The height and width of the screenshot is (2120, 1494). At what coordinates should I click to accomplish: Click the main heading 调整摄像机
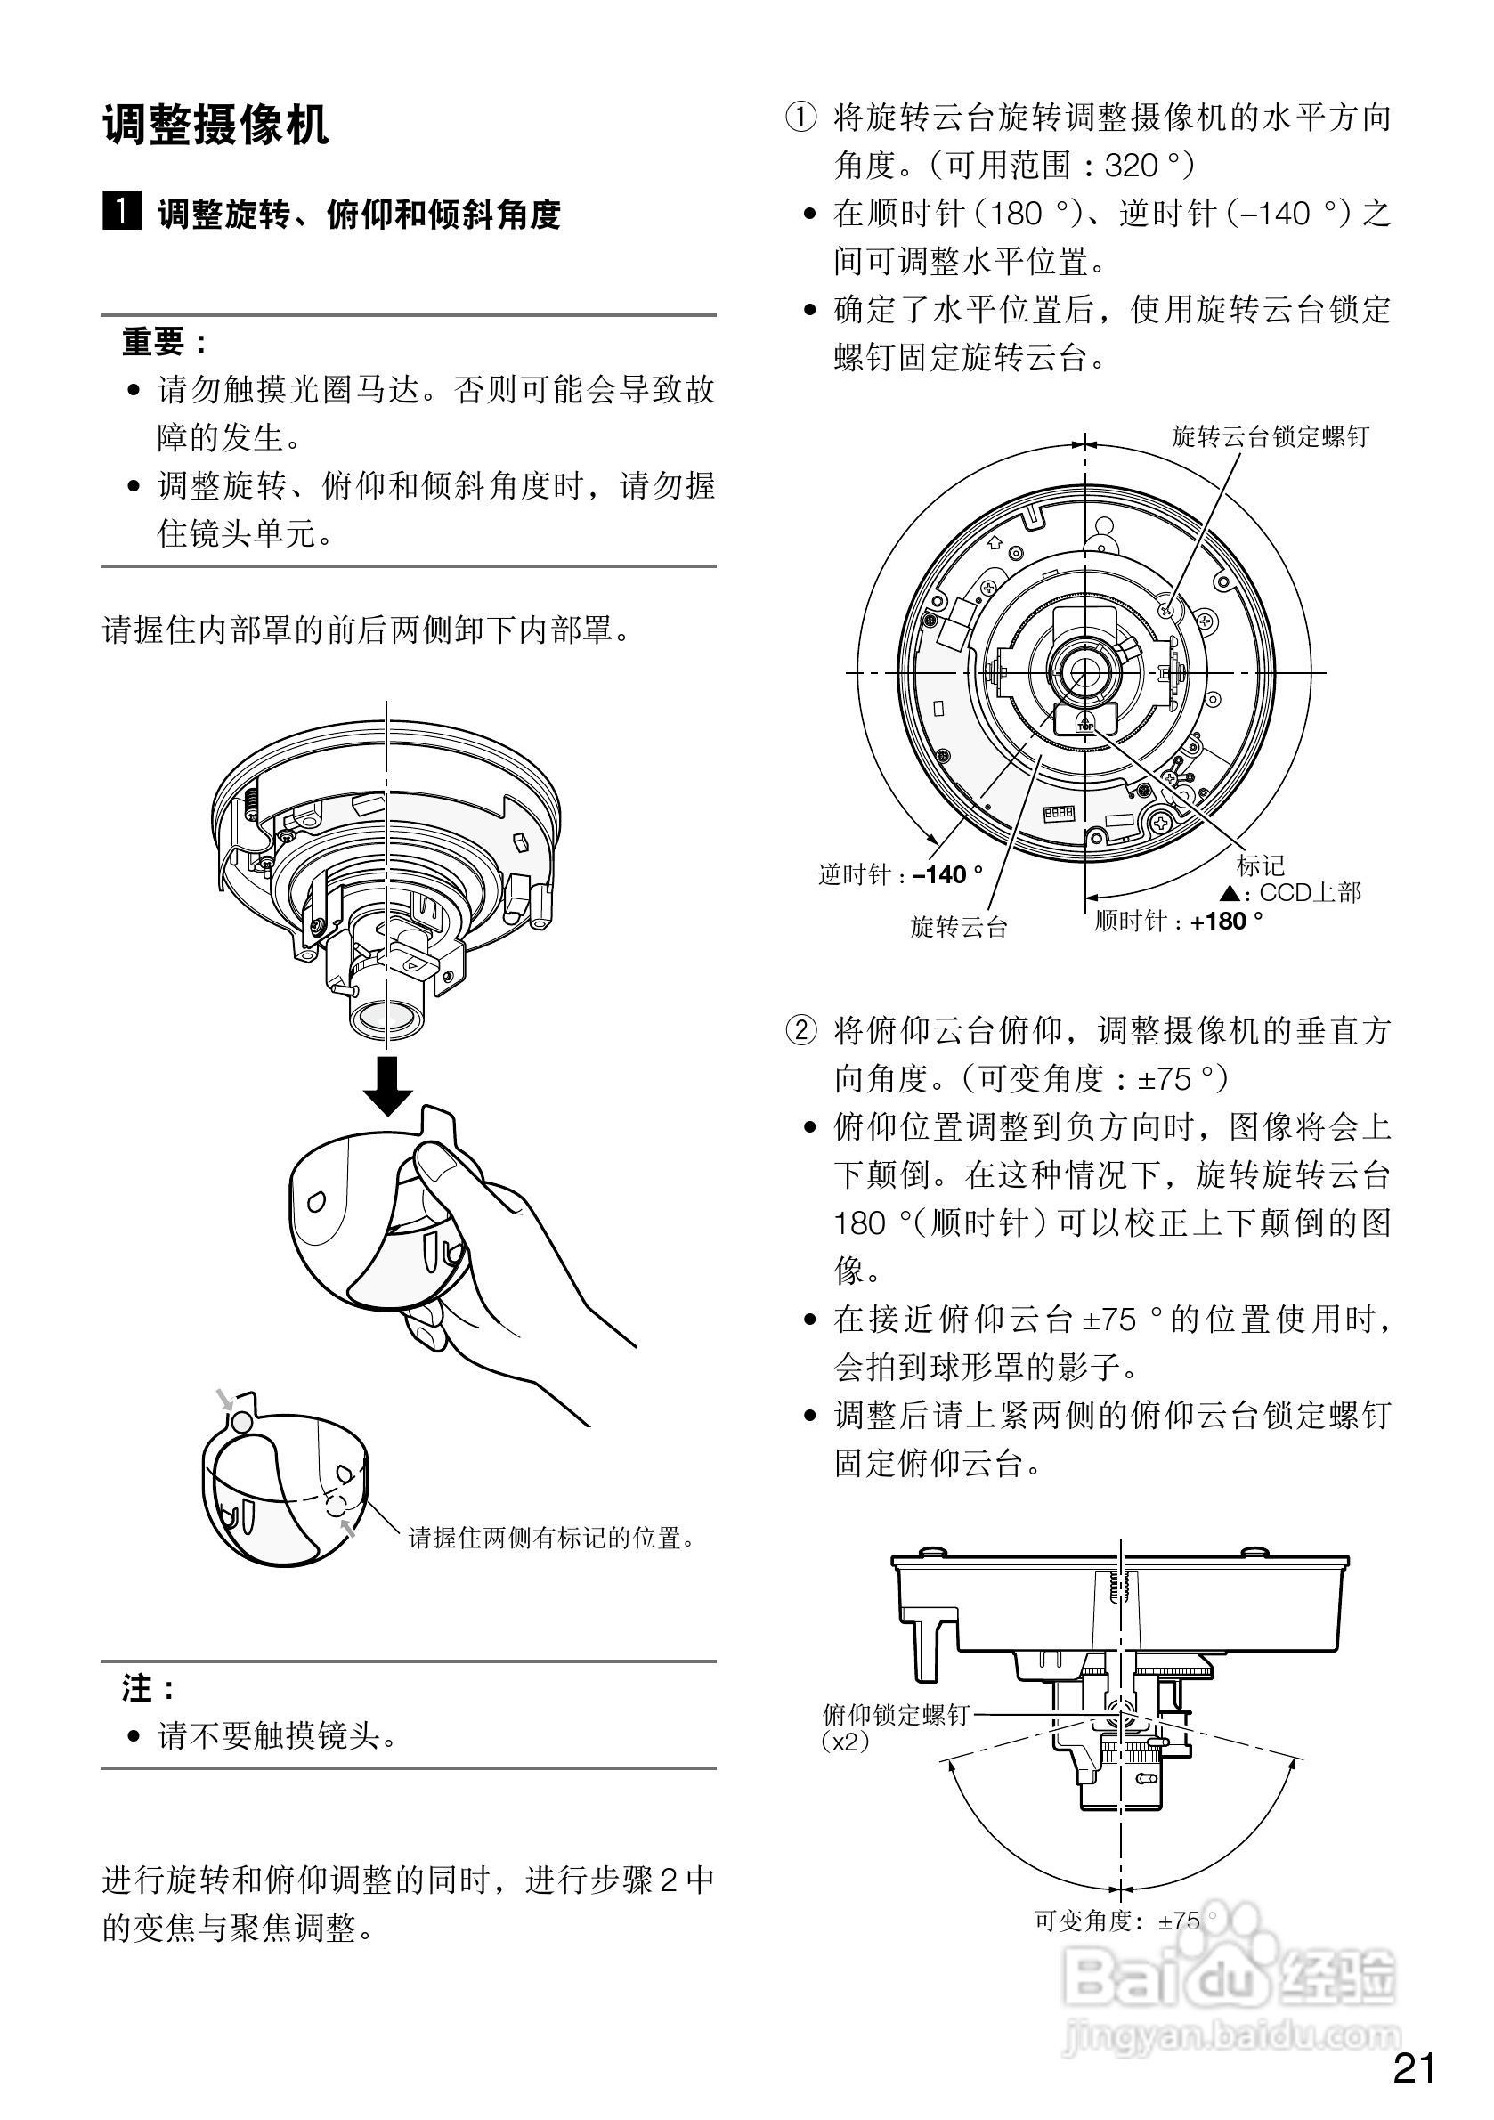coord(215,125)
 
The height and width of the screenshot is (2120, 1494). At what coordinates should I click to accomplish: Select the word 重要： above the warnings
coord(166,342)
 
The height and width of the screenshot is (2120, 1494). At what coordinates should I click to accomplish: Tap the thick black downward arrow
coord(388,1087)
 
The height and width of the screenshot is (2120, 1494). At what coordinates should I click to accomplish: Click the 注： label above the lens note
coord(149,1690)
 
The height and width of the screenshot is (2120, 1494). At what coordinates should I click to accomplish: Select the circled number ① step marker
coord(800,118)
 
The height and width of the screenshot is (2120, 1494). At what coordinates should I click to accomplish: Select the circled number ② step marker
coord(800,1030)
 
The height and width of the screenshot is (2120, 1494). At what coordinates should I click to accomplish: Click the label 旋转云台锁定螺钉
coord(1270,437)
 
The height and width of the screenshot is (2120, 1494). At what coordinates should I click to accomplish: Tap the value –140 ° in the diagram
coord(947,874)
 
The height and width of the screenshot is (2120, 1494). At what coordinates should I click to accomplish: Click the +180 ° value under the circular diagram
coord(1226,921)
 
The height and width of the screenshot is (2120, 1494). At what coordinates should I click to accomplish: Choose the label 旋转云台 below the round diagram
coord(958,927)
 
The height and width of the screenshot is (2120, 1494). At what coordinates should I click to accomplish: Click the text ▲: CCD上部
coord(1291,893)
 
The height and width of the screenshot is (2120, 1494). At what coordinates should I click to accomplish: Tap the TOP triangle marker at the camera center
coord(1085,721)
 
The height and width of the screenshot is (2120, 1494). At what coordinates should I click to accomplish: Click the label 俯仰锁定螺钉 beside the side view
coord(896,1715)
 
